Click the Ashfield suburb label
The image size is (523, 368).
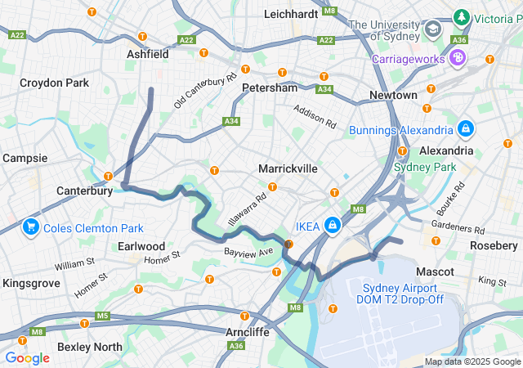pos(147,54)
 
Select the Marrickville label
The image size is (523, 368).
pos(287,168)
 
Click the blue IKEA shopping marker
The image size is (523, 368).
pos(333,226)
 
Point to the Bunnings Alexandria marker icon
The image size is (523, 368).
pos(466,129)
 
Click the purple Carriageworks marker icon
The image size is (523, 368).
pos(458,58)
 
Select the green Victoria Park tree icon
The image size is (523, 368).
pos(463,17)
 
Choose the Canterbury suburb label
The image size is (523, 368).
pos(84,191)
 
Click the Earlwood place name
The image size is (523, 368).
pos(141,246)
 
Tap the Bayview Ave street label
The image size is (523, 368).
pos(248,251)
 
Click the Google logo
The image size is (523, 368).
pos(27,357)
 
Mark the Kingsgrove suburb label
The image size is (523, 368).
pos(31,283)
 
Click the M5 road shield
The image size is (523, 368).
pos(102,316)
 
